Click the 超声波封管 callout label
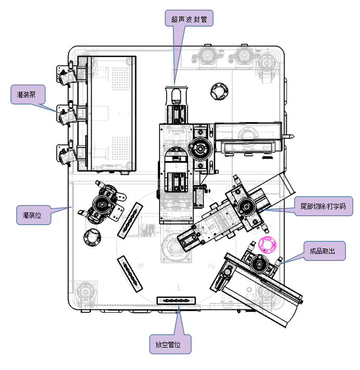coord(189,20)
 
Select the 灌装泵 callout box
coord(28,95)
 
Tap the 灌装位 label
coord(34,214)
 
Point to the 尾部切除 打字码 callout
coord(323,206)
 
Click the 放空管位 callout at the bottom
coord(170,345)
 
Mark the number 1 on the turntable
coord(178,287)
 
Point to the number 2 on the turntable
coord(211,266)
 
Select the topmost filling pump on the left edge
coord(66,75)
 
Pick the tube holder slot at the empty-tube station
coord(176,300)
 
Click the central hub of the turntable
coord(177,247)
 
